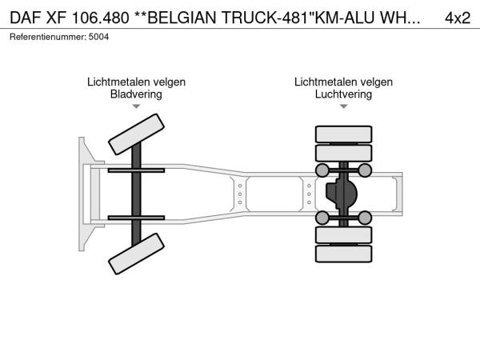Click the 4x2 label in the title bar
click(458, 18)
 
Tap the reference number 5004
click(98, 37)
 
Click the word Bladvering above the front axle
click(136, 94)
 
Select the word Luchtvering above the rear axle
click(343, 94)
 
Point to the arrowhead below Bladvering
click(136, 106)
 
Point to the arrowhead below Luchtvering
click(343, 106)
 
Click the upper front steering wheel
click(136, 134)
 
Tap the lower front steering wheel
click(136, 254)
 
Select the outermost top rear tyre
click(343, 134)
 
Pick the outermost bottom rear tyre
click(343, 254)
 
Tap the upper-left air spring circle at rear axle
click(322, 170)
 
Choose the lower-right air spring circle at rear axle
click(365, 218)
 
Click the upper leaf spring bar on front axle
click(136, 170)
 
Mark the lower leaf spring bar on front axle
click(136, 218)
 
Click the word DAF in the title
click(25, 18)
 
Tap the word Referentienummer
click(48, 37)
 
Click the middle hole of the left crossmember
click(240, 194)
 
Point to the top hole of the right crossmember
click(309, 186)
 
